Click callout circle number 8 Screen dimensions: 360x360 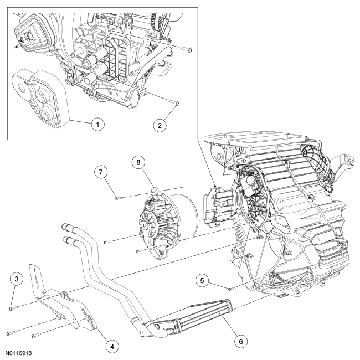[x=138, y=163]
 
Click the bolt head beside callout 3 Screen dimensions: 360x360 [x=12, y=307]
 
